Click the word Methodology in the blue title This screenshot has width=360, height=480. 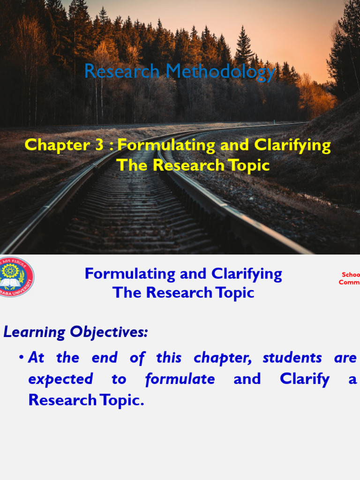[x=221, y=72]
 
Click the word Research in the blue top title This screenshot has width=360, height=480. [x=122, y=71]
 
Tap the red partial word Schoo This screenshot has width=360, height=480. [x=351, y=275]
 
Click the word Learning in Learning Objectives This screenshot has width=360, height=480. [x=34, y=332]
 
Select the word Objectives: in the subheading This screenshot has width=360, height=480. [x=109, y=332]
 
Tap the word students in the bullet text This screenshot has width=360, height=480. [x=292, y=358]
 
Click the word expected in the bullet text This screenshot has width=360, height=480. [x=60, y=379]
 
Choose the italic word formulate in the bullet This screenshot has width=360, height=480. [x=180, y=379]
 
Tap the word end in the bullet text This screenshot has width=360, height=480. [x=104, y=358]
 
